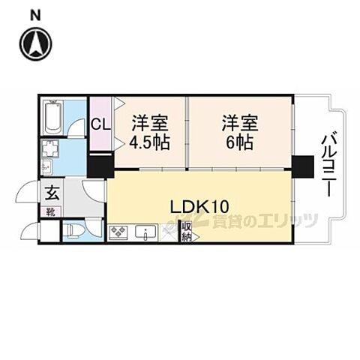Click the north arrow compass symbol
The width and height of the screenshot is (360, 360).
coord(35,43)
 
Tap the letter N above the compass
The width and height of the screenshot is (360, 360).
coord(35,14)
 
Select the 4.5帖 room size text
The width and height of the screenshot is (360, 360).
coord(150,142)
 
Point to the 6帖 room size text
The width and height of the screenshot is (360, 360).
coord(236,142)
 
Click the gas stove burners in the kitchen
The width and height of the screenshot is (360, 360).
coord(119,233)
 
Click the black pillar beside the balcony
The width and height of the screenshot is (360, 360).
coord(302,166)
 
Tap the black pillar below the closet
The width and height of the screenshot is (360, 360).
coord(100,164)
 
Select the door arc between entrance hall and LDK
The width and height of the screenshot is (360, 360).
coord(92,192)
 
